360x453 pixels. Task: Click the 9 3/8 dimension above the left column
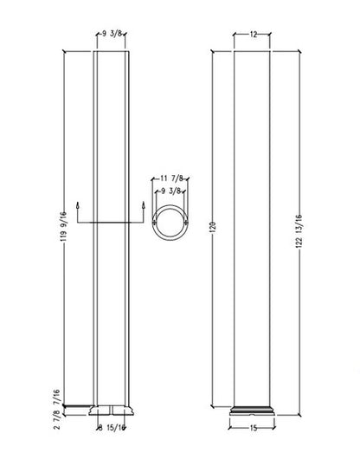coord(112,34)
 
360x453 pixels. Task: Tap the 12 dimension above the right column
coord(254,35)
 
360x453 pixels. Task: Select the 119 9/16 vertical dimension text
coord(64,227)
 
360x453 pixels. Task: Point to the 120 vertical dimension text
coord(213,228)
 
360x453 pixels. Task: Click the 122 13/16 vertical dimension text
coord(299,231)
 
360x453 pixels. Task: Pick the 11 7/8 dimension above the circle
coord(171,178)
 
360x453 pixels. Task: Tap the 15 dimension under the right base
coord(254,428)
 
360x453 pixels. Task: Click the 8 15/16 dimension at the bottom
coord(112,428)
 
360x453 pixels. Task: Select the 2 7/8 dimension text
coord(57,419)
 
